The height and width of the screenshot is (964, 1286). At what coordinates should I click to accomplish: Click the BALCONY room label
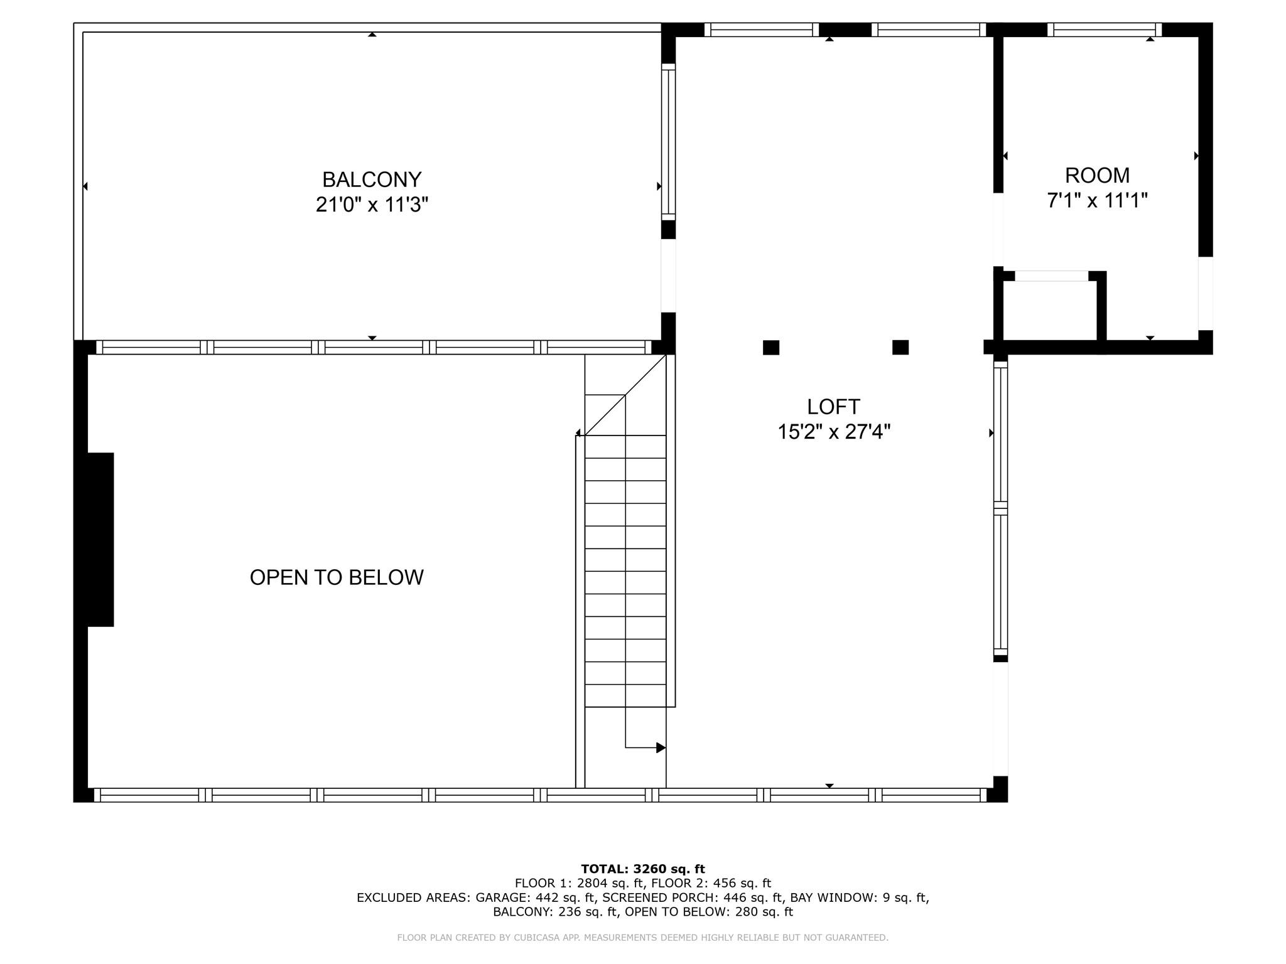click(x=372, y=179)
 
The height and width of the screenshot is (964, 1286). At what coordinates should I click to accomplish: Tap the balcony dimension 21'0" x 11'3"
click(x=372, y=205)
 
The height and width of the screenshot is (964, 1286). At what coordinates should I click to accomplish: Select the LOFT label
click(x=833, y=407)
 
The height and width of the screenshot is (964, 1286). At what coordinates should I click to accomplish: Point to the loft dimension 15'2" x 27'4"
click(x=834, y=432)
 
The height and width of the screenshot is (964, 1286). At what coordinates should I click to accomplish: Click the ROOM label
click(x=1097, y=175)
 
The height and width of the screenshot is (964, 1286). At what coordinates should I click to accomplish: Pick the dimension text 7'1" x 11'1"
click(x=1097, y=201)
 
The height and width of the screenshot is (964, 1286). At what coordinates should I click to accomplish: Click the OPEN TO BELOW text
click(x=337, y=577)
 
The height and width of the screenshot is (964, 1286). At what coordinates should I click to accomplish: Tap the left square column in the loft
click(x=771, y=348)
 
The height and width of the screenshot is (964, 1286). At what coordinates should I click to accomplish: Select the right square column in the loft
click(x=900, y=348)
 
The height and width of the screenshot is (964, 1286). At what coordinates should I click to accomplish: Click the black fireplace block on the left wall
click(x=100, y=540)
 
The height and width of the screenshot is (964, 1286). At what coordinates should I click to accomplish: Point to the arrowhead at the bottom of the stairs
click(x=661, y=747)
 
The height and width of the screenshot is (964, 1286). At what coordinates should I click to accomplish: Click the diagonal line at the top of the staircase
click(x=625, y=395)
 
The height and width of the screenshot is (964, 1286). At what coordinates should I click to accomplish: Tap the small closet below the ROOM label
click(x=1050, y=310)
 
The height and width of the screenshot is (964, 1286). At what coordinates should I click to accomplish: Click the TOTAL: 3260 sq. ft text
click(x=643, y=869)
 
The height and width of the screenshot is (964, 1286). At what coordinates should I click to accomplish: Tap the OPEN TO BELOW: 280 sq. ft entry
click(x=709, y=912)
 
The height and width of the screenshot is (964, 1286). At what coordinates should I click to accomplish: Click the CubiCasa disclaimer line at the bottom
click(x=643, y=938)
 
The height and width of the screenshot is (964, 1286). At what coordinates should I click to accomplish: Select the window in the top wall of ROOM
click(x=1105, y=29)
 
